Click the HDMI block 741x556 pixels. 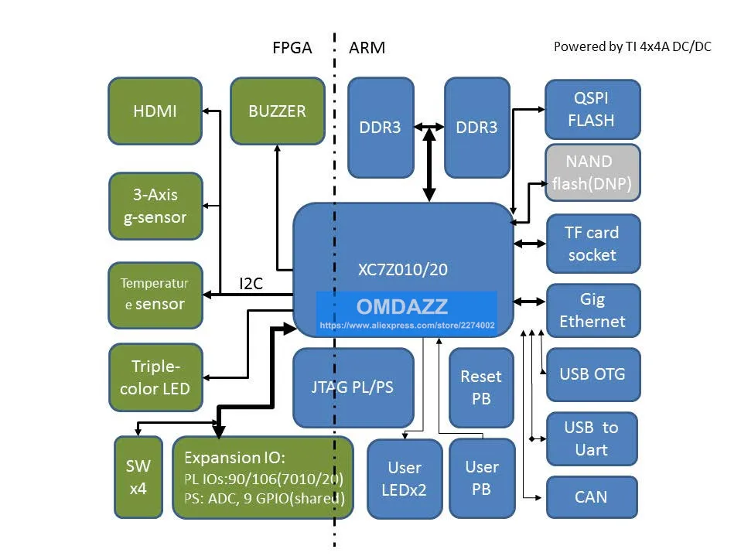point(155,111)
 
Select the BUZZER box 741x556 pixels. point(277,111)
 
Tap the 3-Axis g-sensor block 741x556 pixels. point(155,206)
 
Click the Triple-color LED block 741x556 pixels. point(155,377)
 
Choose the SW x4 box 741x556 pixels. point(138,477)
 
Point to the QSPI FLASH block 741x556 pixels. point(592,110)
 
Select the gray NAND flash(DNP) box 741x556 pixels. point(592,172)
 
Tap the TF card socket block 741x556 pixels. point(592,243)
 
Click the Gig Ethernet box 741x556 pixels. point(592,310)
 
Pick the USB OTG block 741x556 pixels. point(592,374)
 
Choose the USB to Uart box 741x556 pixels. point(592,438)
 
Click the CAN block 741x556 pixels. point(591,496)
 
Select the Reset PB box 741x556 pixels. point(481,387)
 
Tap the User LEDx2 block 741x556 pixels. point(405,478)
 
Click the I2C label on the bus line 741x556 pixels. point(251,284)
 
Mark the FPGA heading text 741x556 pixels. point(292,48)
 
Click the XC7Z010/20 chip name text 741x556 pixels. point(402,270)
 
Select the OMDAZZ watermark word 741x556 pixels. point(402,306)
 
